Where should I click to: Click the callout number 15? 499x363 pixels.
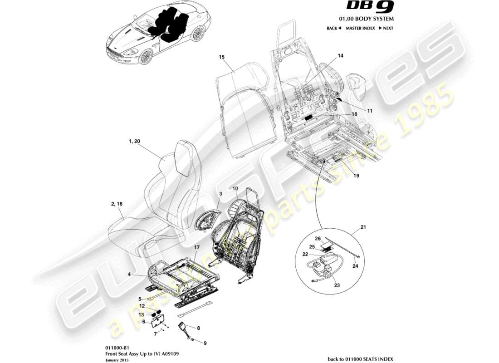tap(222, 57)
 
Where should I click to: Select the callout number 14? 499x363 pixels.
tap(340, 56)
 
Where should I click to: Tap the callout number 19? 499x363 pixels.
tap(356, 175)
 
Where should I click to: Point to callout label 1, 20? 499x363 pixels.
tap(134, 142)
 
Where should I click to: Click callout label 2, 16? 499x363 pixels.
tap(117, 204)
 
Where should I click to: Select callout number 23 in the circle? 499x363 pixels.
tap(336, 285)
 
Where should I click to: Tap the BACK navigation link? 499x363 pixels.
tap(334, 28)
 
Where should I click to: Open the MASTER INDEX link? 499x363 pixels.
tap(360, 28)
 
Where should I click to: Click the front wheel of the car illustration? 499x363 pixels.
tap(146, 57)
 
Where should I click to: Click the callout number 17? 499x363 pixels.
tap(197, 247)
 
